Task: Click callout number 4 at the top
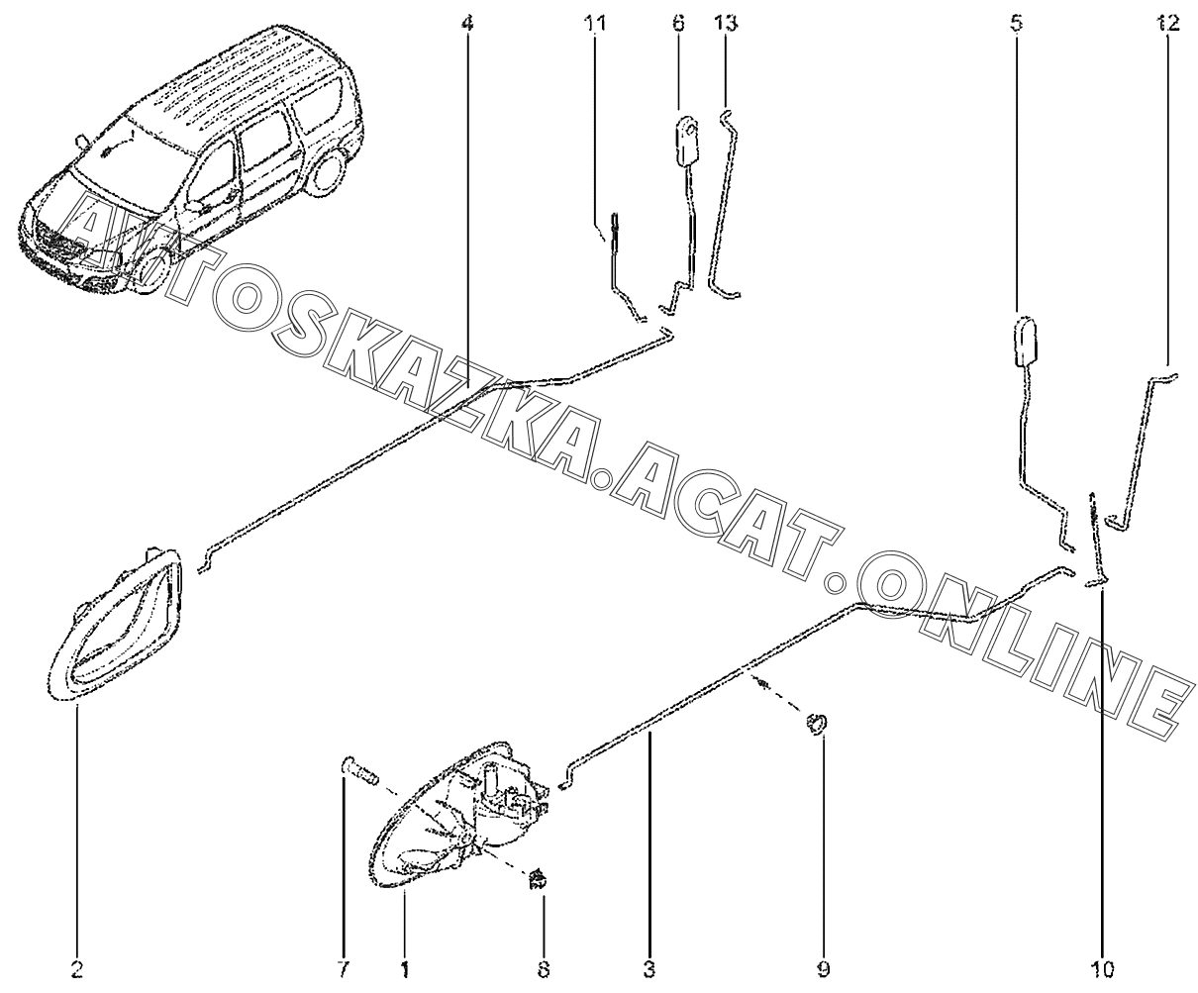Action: tap(467, 23)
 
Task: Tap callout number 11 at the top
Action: tap(595, 23)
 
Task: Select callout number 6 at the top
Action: tap(678, 23)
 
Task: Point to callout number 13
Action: tap(726, 23)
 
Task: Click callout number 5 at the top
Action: tap(1016, 23)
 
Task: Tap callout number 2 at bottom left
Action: tap(77, 969)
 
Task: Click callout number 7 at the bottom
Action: tap(344, 969)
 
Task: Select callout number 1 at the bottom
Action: tap(405, 969)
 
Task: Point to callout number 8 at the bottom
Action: tap(544, 969)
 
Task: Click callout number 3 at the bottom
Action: tap(649, 969)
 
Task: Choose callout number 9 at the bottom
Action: tap(824, 969)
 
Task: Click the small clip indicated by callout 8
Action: tap(537, 880)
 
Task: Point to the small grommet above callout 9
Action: tap(817, 724)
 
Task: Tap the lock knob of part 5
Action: tap(1025, 342)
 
